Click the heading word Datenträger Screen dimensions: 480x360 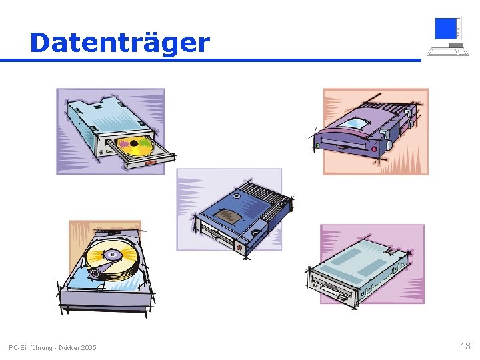point(120,43)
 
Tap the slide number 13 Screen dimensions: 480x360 point(465,346)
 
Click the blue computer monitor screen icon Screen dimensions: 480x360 point(446,29)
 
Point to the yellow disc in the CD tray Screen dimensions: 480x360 point(135,146)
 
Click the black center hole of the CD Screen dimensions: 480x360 point(134,143)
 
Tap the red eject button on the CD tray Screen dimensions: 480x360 point(150,163)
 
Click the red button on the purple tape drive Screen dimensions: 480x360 point(374,149)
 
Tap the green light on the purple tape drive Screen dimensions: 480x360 point(317,145)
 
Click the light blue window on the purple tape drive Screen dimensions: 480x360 point(354,124)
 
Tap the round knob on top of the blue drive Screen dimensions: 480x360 point(236,195)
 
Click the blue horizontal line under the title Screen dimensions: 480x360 point(211,60)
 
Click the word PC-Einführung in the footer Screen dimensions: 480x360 point(31,348)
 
